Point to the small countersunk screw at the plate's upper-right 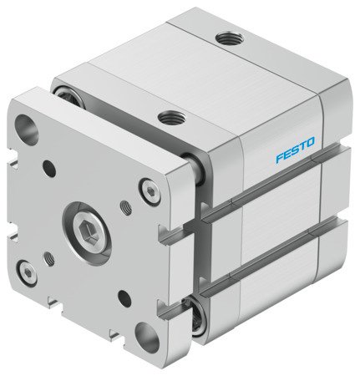click(149, 191)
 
